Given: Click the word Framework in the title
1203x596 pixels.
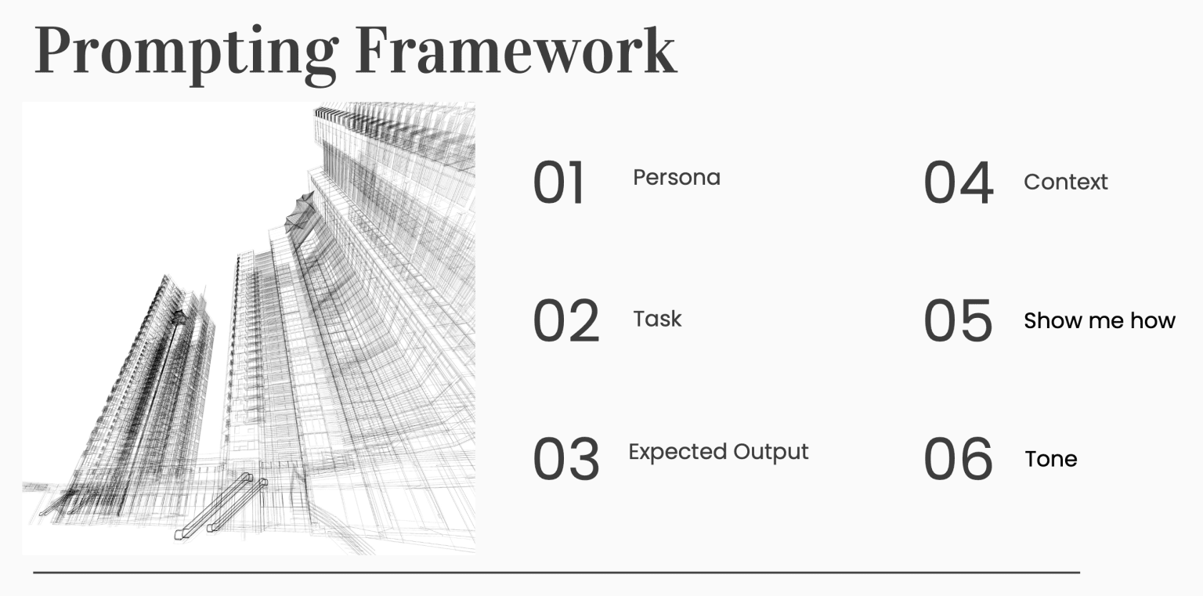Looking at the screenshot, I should pyautogui.click(x=515, y=50).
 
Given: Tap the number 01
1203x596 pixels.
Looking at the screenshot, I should pyautogui.click(x=559, y=183).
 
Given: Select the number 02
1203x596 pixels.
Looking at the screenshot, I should pyautogui.click(x=565, y=321).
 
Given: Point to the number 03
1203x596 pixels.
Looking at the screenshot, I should pyautogui.click(x=565, y=459).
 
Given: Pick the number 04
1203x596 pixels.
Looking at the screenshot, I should pyautogui.click(x=958, y=183).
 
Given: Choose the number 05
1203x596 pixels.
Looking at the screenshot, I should pyautogui.click(x=958, y=321).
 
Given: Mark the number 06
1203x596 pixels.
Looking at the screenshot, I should pyautogui.click(x=958, y=459).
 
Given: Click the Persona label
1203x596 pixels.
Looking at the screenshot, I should pyautogui.click(x=676, y=178).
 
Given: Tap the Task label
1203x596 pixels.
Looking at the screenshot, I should pyautogui.click(x=657, y=319).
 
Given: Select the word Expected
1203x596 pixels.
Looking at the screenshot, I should pyautogui.click(x=677, y=453).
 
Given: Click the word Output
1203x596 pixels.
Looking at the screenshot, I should pyautogui.click(x=771, y=453).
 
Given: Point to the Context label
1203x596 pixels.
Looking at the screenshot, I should pyautogui.click(x=1065, y=182).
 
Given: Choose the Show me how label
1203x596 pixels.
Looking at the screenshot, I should pyautogui.click(x=1099, y=320).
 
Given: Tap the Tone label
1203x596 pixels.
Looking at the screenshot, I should pyautogui.click(x=1050, y=459).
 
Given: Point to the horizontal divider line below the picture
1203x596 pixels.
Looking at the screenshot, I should pyautogui.click(x=556, y=573).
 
